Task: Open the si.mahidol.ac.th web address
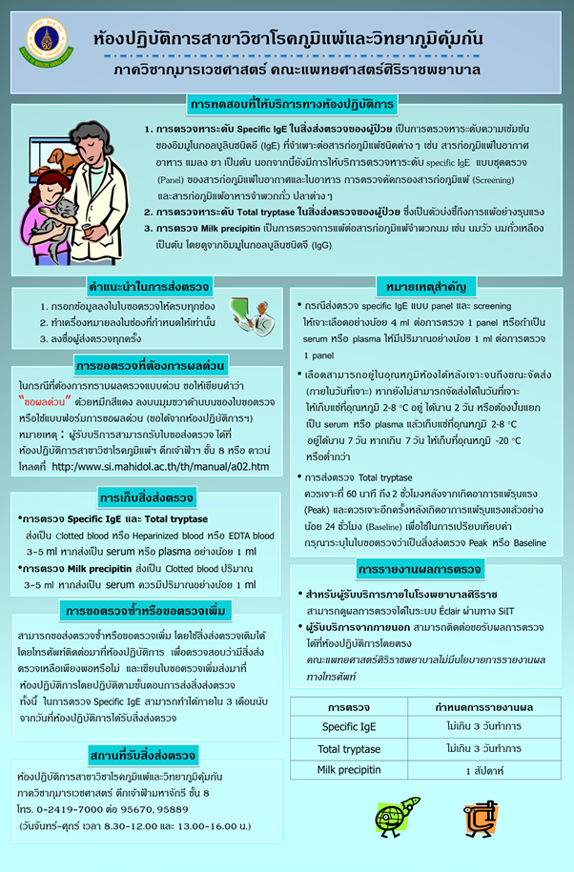[159, 466]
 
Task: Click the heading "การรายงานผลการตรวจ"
[420, 570]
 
